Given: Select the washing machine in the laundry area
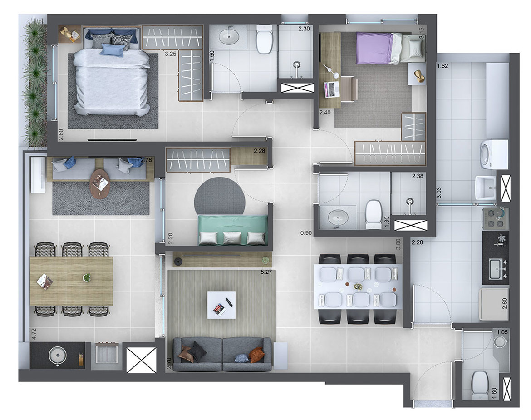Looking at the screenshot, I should tap(493, 154).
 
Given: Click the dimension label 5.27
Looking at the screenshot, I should tap(266, 273).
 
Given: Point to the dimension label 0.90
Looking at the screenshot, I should tap(306, 233).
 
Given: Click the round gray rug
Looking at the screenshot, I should tap(220, 196).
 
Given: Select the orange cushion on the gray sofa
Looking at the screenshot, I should tap(256, 355).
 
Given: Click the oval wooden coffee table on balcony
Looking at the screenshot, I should tap(100, 183).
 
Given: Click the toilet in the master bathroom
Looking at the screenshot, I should tap(264, 39).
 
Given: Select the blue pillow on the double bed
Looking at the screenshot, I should tap(112, 50).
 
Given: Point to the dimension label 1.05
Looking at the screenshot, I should tap(501, 332).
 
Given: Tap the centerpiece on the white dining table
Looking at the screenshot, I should tap(358, 287).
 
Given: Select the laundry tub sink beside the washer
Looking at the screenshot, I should tap(485, 188).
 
